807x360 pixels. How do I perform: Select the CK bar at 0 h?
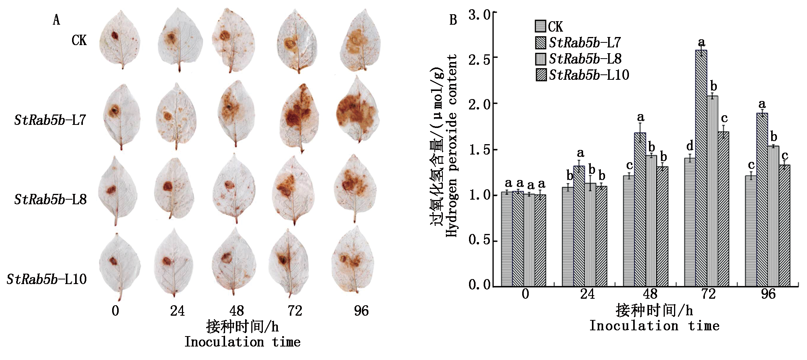507,239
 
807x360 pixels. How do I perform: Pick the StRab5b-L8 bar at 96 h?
773,216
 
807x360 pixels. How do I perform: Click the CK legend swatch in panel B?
540,26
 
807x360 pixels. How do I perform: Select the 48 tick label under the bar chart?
650,294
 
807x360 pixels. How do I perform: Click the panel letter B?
453,20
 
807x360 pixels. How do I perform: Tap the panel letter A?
56,20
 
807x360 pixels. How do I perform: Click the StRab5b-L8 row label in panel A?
50,199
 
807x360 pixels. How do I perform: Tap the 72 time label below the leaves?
295,311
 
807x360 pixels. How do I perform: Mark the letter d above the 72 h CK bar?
689,146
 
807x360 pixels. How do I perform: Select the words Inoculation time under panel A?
242,342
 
